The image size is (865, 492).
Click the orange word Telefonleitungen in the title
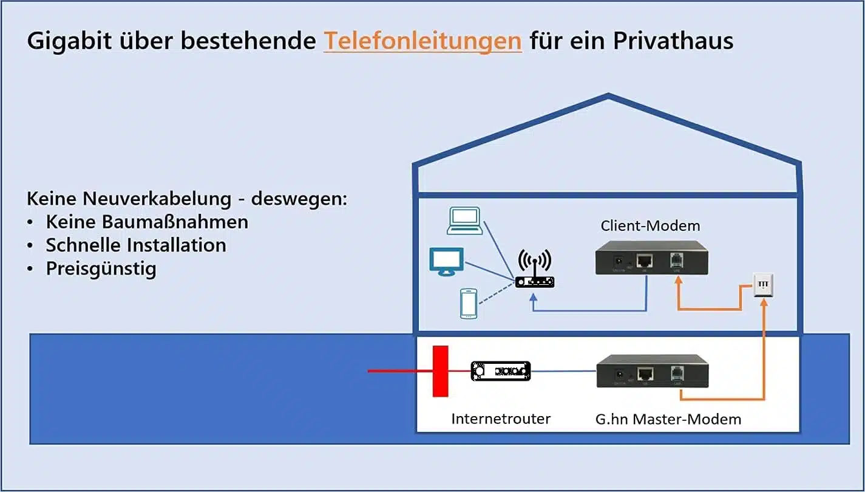[x=422, y=41]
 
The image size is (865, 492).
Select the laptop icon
[x=464, y=220]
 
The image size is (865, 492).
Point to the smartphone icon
[x=468, y=303]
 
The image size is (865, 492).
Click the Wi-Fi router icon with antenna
[x=534, y=270]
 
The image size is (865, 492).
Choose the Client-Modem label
[x=650, y=226]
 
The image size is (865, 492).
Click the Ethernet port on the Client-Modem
[x=645, y=261]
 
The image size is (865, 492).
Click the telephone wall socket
[x=763, y=285]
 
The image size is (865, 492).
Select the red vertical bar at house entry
[x=440, y=371]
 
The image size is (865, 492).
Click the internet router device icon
[x=501, y=371]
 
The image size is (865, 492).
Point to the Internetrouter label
[x=501, y=419]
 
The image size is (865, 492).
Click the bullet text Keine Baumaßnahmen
[x=147, y=222]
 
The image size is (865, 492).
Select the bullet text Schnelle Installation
[x=136, y=245]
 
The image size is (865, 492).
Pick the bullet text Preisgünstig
[x=101, y=268]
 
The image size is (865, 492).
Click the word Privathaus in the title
[x=673, y=41]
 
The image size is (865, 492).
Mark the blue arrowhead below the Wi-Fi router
[x=533, y=297]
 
